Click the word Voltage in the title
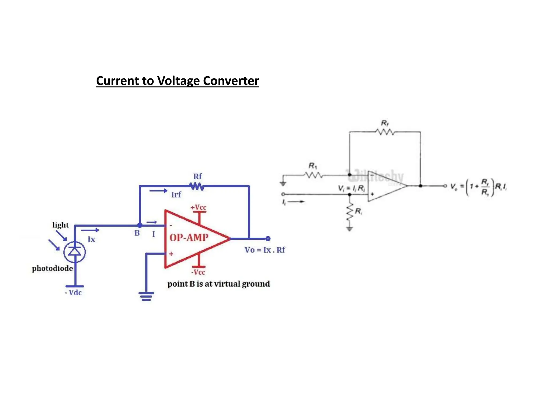[x=178, y=81]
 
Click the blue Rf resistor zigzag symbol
[x=197, y=186]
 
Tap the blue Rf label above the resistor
[x=197, y=177]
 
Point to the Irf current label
[x=176, y=195]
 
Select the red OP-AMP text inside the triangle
[x=189, y=238]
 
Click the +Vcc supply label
[x=198, y=207]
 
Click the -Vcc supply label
[x=198, y=272]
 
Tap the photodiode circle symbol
[x=75, y=252]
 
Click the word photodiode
[x=52, y=268]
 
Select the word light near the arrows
[x=60, y=225]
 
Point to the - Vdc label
[x=73, y=293]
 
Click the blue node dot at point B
[x=140, y=226]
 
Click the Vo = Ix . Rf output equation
[x=265, y=250]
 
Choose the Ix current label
[x=92, y=239]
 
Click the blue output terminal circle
[x=268, y=238]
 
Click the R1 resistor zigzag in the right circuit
[x=313, y=175]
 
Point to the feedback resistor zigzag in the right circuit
[x=385, y=132]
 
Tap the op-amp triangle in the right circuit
[x=385, y=186]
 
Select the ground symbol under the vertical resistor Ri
[x=349, y=229]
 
